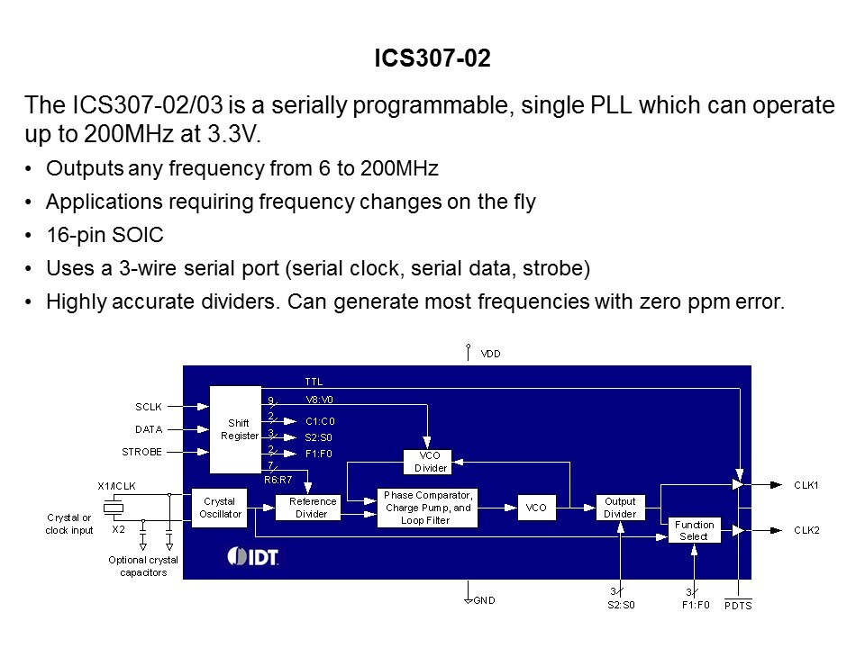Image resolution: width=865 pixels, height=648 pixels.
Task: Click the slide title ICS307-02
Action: [432, 59]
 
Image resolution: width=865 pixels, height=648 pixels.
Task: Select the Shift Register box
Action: [239, 429]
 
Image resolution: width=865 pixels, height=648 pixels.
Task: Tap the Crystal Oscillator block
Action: [219, 507]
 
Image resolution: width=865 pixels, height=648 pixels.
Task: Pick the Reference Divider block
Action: [306, 508]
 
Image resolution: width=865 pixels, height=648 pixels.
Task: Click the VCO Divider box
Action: [430, 462]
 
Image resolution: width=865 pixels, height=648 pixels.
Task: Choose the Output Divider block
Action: [619, 508]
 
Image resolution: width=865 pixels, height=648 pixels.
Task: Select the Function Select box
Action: [694, 530]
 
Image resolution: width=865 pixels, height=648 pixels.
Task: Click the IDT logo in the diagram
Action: [253, 556]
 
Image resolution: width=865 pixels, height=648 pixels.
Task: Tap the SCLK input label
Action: [148, 407]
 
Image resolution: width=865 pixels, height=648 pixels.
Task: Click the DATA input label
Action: [148, 429]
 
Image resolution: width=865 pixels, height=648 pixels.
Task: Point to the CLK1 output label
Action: [806, 484]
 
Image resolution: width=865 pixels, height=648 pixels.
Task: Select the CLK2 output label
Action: [806, 530]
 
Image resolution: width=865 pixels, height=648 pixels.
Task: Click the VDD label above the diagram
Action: [490, 354]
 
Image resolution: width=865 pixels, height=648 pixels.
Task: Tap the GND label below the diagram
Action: [484, 600]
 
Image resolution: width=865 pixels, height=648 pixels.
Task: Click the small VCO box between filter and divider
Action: [536, 508]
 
